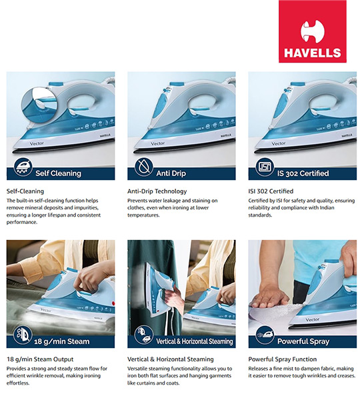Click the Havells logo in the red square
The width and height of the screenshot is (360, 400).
pyautogui.click(x=312, y=31)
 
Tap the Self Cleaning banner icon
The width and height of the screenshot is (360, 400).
pyautogui.click(x=23, y=167)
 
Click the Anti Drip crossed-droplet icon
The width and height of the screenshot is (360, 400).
pyautogui.click(x=144, y=167)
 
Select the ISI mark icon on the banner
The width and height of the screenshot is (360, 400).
pyautogui.click(x=265, y=167)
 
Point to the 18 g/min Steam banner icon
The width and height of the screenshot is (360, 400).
pyautogui.click(x=23, y=335)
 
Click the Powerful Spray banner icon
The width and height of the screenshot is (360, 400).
pyautogui.click(x=265, y=335)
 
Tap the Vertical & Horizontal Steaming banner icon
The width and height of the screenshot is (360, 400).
pyautogui.click(x=144, y=335)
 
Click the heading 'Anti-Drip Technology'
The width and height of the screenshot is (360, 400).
pyautogui.click(x=157, y=191)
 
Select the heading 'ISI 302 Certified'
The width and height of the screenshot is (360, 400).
pyautogui.click(x=271, y=191)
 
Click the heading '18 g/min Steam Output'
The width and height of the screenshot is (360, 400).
pyautogui.click(x=40, y=359)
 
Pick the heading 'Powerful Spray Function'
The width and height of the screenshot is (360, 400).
pyautogui.click(x=283, y=359)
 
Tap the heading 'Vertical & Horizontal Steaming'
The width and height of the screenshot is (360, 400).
pyautogui.click(x=171, y=359)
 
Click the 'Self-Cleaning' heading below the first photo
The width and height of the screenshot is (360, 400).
pyautogui.click(x=25, y=191)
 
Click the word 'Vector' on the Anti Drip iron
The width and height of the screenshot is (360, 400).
pyautogui.click(x=158, y=143)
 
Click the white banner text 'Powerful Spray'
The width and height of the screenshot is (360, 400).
pyautogui.click(x=303, y=341)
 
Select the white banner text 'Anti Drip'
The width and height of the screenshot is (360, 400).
pyautogui.click(x=171, y=173)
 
